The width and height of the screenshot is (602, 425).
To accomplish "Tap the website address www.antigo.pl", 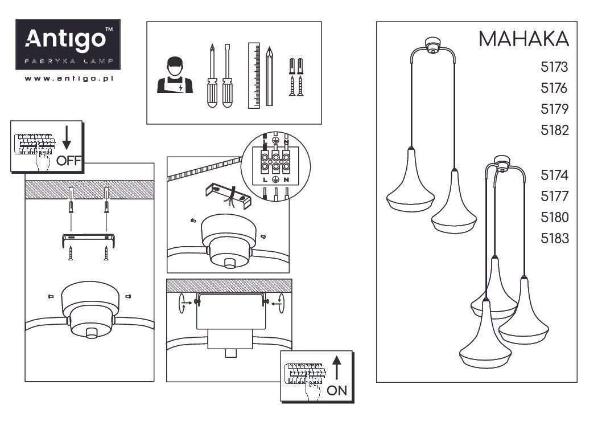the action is click(x=69, y=79).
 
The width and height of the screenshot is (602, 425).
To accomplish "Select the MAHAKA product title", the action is click(x=523, y=39).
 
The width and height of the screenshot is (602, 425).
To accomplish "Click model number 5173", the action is click(x=554, y=67).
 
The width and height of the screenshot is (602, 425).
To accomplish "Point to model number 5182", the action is click(x=554, y=130).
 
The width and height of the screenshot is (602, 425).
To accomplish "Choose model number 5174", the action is click(x=554, y=175).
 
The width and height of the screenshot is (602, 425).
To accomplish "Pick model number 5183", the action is click(x=554, y=239).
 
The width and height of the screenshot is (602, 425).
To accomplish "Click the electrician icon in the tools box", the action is click(x=175, y=75).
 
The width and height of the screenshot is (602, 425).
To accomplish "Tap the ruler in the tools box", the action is click(x=254, y=75).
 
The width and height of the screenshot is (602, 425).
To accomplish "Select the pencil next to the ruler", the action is click(x=270, y=76).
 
